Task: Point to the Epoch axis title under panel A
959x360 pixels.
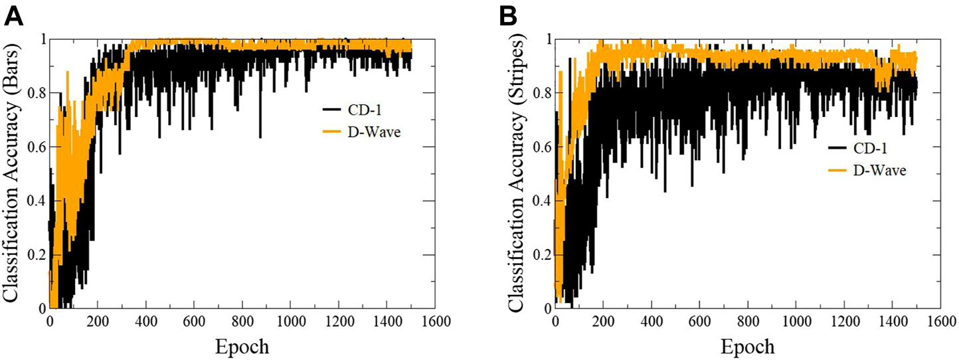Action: click(242, 346)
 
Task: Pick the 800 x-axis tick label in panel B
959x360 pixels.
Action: click(748, 323)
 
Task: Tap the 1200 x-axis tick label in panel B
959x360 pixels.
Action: click(844, 323)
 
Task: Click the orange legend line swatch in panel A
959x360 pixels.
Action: click(331, 133)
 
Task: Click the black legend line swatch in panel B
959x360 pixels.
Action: click(837, 147)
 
